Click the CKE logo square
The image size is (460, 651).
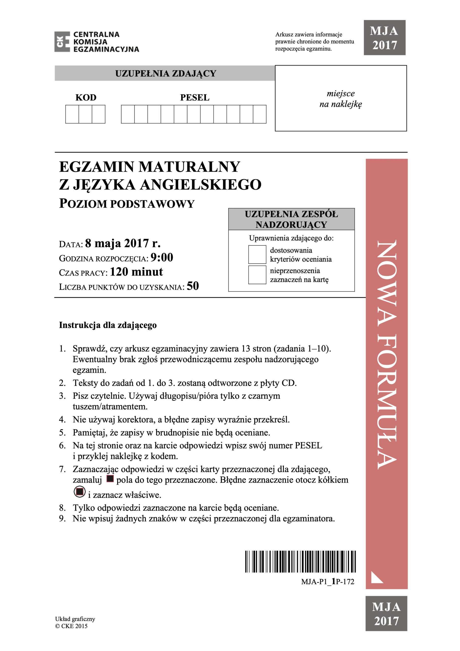click(x=62, y=42)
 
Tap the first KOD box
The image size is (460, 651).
click(x=72, y=114)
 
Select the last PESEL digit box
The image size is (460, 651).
click(x=259, y=114)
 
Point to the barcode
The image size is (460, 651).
click(x=300, y=562)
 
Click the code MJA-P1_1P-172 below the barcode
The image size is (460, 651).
click(x=328, y=582)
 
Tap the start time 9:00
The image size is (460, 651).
click(x=162, y=257)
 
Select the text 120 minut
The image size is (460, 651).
click(x=136, y=272)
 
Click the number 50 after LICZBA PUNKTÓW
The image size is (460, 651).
click(x=193, y=286)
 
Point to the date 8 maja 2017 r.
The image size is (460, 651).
click(x=123, y=243)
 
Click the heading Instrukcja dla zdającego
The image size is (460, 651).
click(x=108, y=325)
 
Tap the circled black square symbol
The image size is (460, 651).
click(x=80, y=492)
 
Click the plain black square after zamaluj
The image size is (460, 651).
click(x=110, y=479)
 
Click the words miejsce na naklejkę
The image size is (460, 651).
click(x=340, y=99)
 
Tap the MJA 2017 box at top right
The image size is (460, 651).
click(x=384, y=38)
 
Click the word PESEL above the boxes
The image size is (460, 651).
click(x=195, y=98)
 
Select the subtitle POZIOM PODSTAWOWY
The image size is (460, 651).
click(x=127, y=204)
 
